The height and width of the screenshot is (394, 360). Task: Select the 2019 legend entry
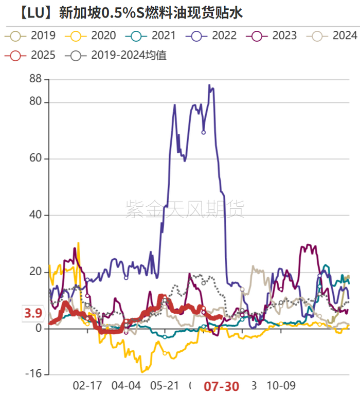point(32,35)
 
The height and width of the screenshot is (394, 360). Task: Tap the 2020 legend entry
point(93,35)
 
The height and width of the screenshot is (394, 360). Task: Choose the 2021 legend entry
point(153,35)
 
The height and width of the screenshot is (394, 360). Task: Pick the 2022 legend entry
point(213,35)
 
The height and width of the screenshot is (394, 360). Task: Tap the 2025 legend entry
point(32,55)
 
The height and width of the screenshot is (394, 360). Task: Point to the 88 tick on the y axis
point(35,80)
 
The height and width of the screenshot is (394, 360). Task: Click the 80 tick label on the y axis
point(35,102)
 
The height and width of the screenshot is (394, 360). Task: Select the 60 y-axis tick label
point(35,159)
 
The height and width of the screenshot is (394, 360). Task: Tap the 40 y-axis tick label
point(35,215)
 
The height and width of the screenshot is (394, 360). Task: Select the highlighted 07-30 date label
point(222,386)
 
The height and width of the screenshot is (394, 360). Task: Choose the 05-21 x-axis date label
point(165,386)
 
